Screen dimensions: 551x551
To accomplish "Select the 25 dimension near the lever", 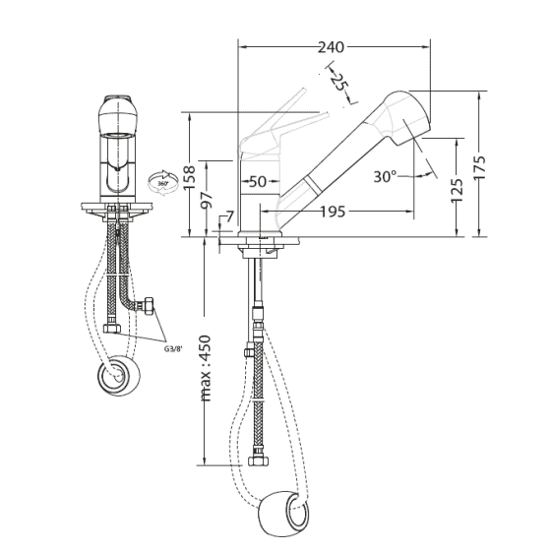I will (x=339, y=83).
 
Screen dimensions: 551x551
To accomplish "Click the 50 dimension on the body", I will (x=257, y=181).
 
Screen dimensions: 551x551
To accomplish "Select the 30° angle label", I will (x=386, y=176).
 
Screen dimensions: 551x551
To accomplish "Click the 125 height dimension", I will (x=457, y=186).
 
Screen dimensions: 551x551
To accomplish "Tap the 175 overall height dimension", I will (x=480, y=164).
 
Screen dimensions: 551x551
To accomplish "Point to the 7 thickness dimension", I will (x=228, y=216).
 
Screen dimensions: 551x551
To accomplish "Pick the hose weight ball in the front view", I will (x=117, y=375).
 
